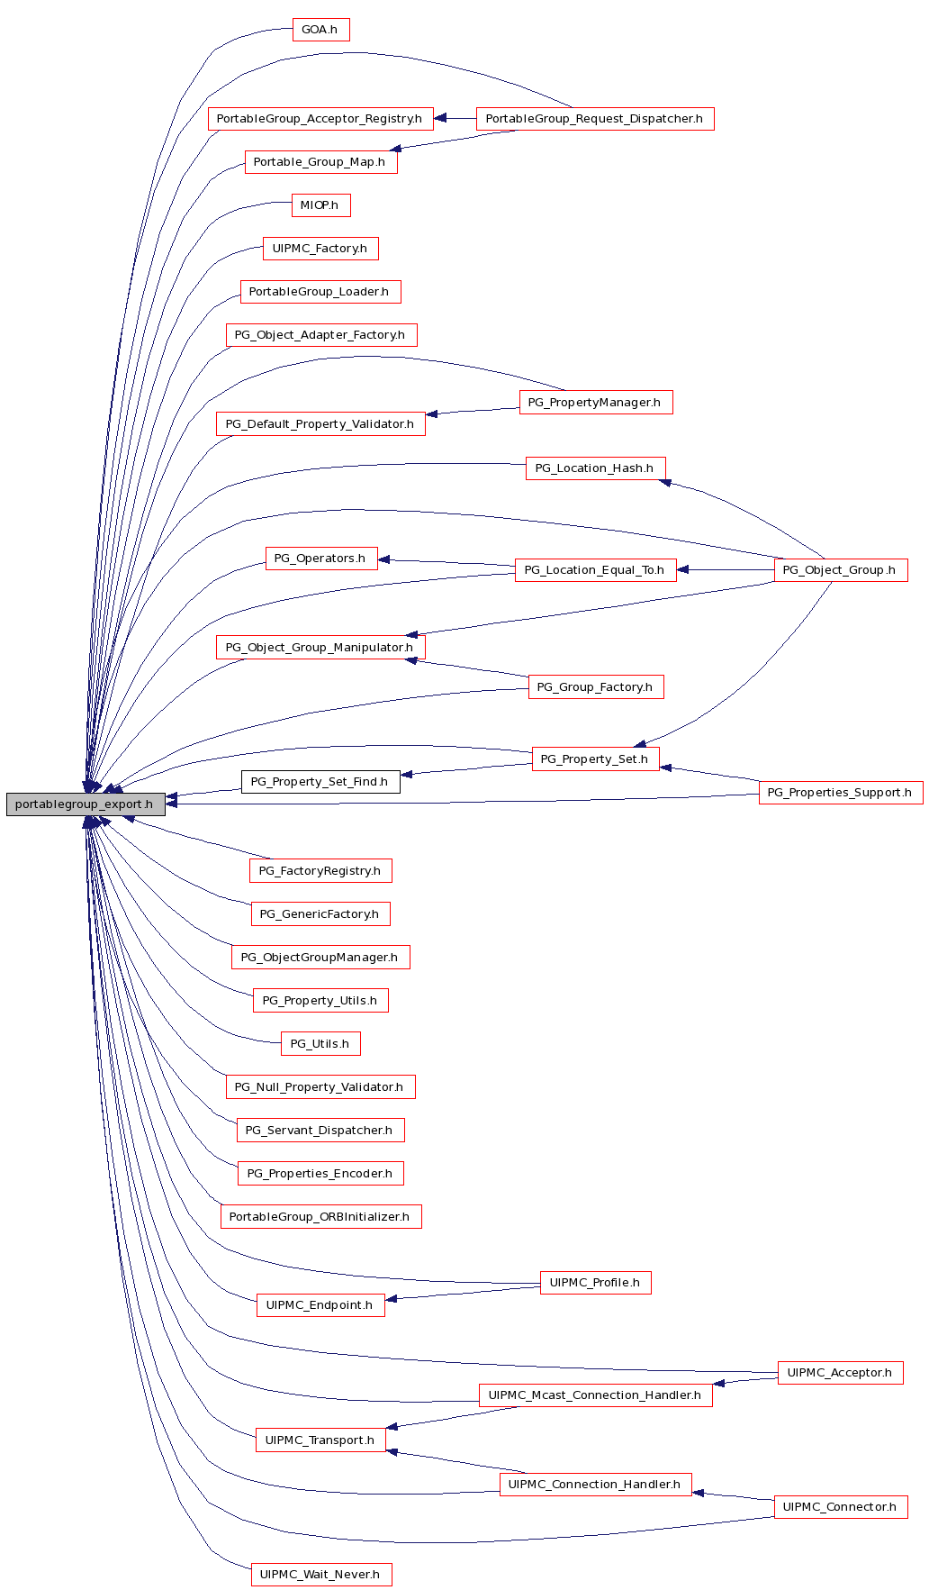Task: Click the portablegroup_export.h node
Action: (x=86, y=804)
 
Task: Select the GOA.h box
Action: (x=320, y=30)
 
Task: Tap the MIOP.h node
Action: (x=320, y=205)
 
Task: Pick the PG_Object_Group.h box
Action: (x=841, y=570)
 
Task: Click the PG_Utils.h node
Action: (x=320, y=1044)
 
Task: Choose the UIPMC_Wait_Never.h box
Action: (x=320, y=1575)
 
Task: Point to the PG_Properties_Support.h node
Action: (x=841, y=793)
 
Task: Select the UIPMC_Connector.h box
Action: (x=841, y=1507)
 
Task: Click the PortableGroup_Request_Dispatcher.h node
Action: (x=595, y=119)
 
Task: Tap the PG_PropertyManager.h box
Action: (x=596, y=403)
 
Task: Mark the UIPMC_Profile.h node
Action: (x=595, y=1283)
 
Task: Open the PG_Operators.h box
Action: (x=320, y=559)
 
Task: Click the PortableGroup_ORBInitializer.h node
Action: (x=320, y=1217)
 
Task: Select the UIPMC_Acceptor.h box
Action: (x=841, y=1373)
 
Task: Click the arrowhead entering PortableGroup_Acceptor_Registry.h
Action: (x=440, y=118)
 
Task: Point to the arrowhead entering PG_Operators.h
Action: (x=384, y=559)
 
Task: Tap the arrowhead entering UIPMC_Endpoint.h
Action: (x=392, y=1298)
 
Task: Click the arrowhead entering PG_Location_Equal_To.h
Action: (x=683, y=570)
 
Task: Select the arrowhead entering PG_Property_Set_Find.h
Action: (x=407, y=774)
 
